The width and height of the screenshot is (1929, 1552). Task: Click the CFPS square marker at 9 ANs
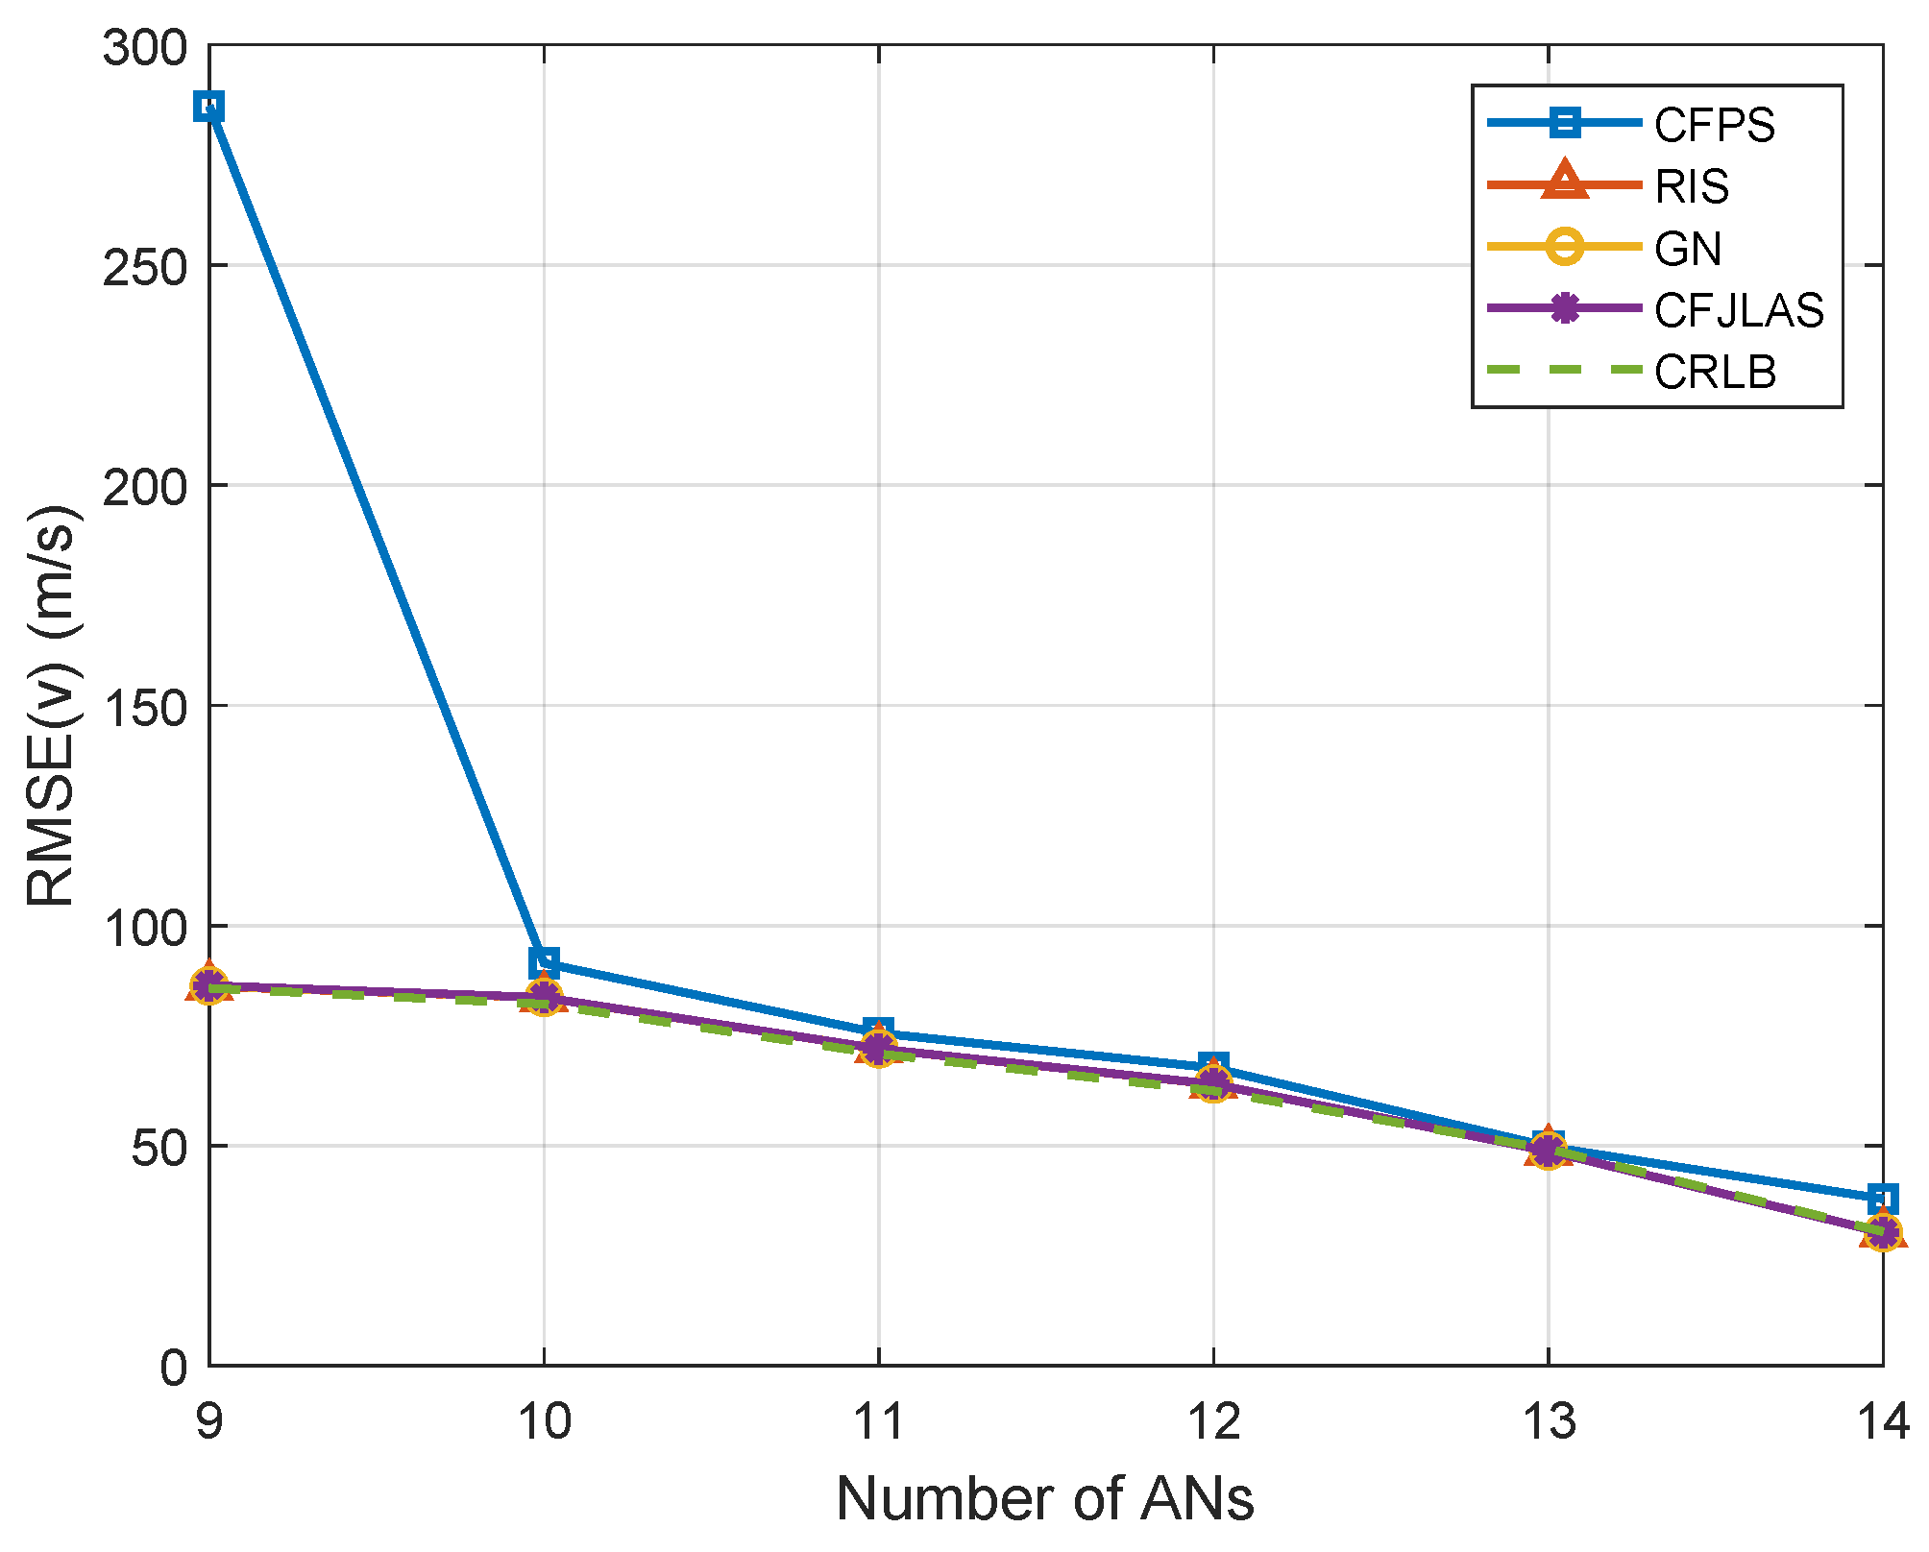(x=209, y=107)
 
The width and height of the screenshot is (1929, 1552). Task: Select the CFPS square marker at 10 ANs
(x=544, y=961)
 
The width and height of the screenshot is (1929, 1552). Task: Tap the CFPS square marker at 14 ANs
(x=1882, y=1199)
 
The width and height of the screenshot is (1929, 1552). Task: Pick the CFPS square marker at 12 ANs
(x=1213, y=1067)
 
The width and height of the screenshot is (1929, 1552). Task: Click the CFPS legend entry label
(x=1714, y=125)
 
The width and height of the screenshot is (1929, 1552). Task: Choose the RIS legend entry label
(x=1692, y=186)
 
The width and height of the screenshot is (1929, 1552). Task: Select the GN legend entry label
(x=1688, y=249)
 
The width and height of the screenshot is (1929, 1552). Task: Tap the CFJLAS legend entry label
(x=1739, y=310)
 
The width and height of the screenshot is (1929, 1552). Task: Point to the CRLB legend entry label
(x=1715, y=372)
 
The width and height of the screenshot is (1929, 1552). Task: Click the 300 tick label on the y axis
(x=144, y=47)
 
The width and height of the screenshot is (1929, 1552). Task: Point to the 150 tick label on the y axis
(x=144, y=707)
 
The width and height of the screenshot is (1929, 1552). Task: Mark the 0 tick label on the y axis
(x=174, y=1367)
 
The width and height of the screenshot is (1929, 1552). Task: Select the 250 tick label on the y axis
(x=144, y=267)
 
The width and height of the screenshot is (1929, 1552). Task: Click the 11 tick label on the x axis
(x=879, y=1420)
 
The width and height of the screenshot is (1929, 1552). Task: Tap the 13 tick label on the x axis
(x=1549, y=1420)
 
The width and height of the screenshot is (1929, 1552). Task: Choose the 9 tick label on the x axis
(x=209, y=1420)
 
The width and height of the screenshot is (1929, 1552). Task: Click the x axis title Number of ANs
(x=1045, y=1498)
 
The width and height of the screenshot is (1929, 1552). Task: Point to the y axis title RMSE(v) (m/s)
(x=52, y=706)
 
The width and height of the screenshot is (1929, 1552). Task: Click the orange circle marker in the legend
(x=1565, y=247)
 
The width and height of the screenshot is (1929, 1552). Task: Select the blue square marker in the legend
(x=1565, y=123)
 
